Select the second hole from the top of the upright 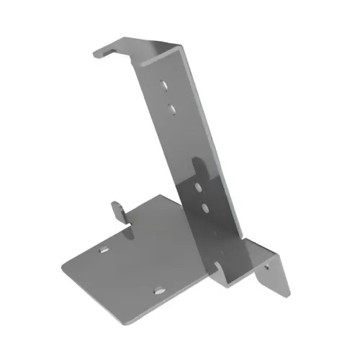click(x=173, y=108)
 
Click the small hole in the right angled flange click(x=270, y=266)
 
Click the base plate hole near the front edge click(x=158, y=291)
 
